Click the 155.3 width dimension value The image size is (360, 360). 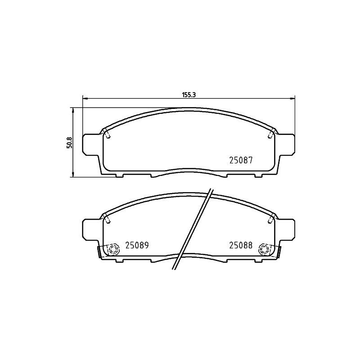pyautogui.click(x=189, y=95)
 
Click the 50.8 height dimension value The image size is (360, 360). pyautogui.click(x=70, y=143)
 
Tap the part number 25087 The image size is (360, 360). pyautogui.click(x=241, y=160)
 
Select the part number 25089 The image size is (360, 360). pyautogui.click(x=137, y=245)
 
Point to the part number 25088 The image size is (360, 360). pyautogui.click(x=241, y=245)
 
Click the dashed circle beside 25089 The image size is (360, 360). pyautogui.click(x=114, y=249)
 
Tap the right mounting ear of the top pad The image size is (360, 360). pyautogui.click(x=286, y=144)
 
